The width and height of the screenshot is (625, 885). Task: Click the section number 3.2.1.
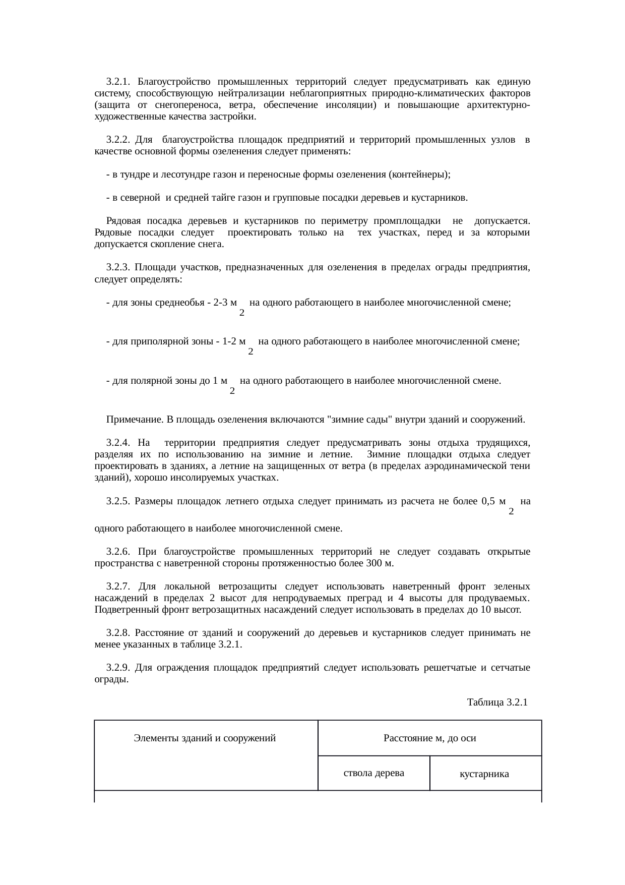118,82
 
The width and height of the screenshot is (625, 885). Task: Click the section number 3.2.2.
118,140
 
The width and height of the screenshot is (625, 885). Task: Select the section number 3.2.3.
118,268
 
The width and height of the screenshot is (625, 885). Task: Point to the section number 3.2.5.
118,502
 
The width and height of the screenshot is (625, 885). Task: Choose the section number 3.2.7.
118,587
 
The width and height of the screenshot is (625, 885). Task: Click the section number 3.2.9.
118,668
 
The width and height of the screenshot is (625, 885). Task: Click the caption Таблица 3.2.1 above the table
497,702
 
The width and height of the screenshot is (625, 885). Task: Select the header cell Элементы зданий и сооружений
205,739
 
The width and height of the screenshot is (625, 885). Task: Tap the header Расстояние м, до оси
430,739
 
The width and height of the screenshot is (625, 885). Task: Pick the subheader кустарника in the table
484,774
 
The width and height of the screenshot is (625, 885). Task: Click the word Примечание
135,420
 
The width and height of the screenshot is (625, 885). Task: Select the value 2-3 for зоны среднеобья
223,303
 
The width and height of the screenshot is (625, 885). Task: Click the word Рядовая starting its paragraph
123,221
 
